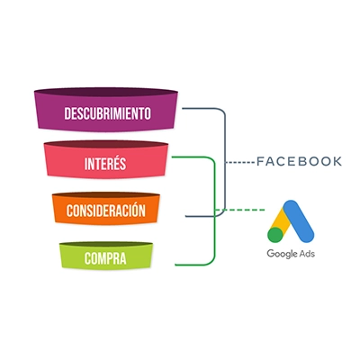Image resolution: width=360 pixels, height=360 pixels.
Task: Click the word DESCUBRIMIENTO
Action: [107, 113]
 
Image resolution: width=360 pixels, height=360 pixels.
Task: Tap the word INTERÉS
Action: [105, 164]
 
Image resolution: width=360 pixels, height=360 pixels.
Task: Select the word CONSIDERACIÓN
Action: [106, 210]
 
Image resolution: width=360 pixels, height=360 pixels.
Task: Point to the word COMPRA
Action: [105, 258]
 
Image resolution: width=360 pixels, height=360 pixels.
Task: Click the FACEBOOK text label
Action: [300, 161]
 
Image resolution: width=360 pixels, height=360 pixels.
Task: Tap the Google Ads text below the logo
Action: [291, 254]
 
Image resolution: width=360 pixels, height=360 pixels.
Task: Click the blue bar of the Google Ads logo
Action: [299, 220]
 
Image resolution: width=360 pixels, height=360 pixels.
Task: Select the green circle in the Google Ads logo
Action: [275, 235]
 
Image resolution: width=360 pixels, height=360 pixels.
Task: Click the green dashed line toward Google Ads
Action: [240, 210]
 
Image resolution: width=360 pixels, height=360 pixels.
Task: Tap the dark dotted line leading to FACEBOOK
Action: [240, 162]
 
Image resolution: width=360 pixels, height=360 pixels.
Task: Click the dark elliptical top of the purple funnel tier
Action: [106, 92]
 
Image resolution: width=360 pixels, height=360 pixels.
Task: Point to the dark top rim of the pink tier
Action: [106, 145]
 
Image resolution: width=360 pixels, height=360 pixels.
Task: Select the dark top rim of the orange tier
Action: [106, 195]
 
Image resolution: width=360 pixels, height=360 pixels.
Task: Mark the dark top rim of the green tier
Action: [106, 244]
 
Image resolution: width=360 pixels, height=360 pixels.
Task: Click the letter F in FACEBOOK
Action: [260, 161]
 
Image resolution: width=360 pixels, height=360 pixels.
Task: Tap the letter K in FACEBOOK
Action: [337, 161]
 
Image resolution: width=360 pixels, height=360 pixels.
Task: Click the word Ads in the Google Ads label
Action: [307, 254]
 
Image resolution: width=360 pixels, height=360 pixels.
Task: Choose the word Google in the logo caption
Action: [282, 254]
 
